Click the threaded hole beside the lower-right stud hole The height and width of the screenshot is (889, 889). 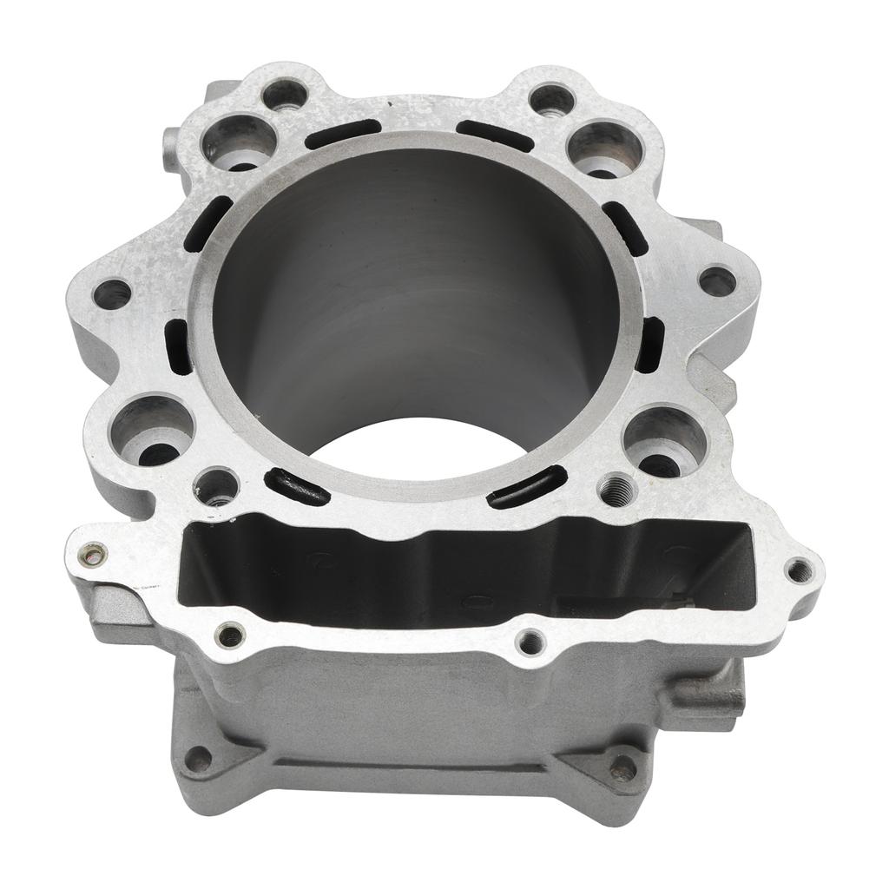618,489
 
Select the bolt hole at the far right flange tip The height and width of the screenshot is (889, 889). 798,570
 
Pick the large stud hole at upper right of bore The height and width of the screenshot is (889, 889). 605,148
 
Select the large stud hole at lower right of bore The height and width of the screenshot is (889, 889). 664,440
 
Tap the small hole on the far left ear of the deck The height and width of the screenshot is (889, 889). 112,293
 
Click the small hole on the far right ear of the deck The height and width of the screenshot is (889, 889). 717,280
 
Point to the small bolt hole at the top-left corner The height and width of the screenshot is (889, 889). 284,93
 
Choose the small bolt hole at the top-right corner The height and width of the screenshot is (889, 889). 552,99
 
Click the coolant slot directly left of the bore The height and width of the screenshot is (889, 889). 179,346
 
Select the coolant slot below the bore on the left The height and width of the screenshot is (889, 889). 298,486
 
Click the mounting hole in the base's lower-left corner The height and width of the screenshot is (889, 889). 199,760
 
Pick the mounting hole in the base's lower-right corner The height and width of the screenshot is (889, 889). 622,767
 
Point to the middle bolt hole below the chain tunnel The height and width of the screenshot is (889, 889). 529,642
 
